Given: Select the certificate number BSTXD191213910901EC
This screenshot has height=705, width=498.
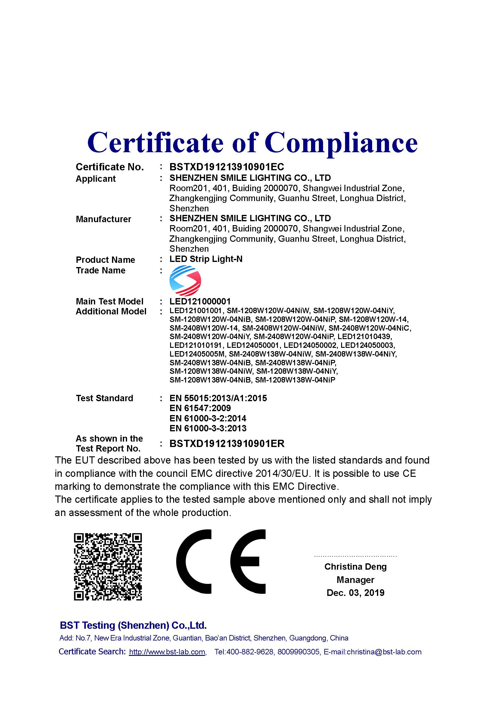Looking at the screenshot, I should [x=227, y=167].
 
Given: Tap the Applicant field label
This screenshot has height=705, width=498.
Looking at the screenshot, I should [x=95, y=179].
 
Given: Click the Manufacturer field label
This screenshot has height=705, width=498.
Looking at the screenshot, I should [x=103, y=219].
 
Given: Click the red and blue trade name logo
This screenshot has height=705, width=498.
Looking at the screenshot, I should [x=185, y=280].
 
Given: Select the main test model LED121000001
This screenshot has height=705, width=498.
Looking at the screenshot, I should [x=200, y=301].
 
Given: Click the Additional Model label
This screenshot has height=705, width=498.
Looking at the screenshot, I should [x=111, y=311].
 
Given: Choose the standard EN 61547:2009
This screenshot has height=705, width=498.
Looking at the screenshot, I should [x=200, y=408].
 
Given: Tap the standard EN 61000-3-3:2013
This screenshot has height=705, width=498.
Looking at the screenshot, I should [x=208, y=428].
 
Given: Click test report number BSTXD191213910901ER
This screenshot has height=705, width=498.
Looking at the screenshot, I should [x=227, y=443].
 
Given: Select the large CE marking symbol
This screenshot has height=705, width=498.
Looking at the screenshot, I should [x=221, y=562].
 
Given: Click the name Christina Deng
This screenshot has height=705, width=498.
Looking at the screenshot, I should [x=355, y=567].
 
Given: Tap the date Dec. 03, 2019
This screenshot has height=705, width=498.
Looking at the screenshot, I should [x=355, y=593].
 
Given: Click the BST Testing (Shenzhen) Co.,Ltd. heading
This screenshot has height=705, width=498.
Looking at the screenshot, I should [x=133, y=625].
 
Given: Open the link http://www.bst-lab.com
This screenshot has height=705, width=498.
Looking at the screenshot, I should [x=167, y=652].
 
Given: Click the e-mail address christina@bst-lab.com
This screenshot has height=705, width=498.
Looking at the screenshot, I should [x=384, y=652].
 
